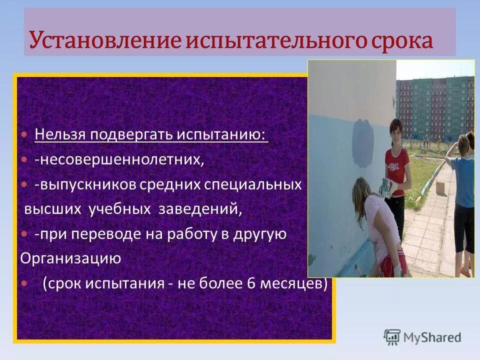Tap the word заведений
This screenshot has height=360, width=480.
pyautogui.click(x=200, y=209)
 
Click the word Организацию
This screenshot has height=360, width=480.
pyautogui.click(x=70, y=258)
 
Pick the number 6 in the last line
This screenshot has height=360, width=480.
pyautogui.click(x=251, y=283)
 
